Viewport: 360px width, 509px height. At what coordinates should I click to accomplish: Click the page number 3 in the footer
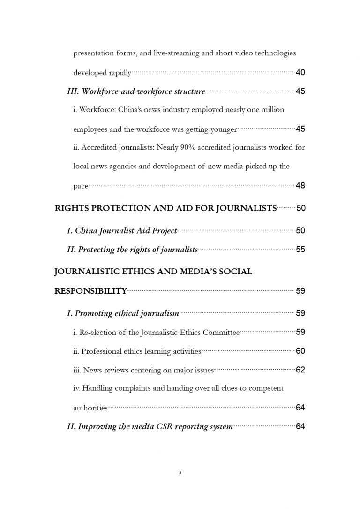point(180,472)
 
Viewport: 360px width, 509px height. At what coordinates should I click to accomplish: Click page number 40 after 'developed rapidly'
point(300,72)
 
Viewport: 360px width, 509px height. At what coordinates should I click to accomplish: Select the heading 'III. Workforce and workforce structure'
point(136,91)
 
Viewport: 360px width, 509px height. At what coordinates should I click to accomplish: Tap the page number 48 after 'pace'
point(300,186)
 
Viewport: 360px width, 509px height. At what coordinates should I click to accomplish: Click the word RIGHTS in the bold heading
point(72,208)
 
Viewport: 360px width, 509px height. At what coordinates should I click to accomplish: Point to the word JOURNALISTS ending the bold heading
point(247,208)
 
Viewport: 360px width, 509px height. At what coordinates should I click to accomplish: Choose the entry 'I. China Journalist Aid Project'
point(122,230)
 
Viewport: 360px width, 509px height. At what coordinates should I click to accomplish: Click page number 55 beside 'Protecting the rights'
point(300,250)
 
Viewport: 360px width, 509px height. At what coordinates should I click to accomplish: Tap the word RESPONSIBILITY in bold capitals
point(91,291)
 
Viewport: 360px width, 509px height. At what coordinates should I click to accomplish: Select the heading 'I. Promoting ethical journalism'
point(123,313)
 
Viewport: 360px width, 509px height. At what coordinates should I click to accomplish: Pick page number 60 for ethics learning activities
point(300,351)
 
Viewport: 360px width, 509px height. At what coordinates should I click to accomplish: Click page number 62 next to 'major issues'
point(300,370)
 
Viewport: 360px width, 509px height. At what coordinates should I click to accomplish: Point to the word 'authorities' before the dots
point(90,408)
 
